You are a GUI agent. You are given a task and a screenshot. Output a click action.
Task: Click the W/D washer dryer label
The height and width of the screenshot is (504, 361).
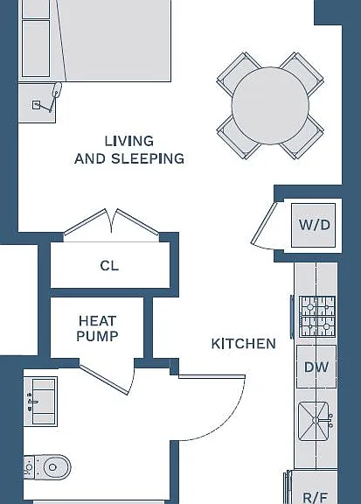pyautogui.click(x=315, y=225)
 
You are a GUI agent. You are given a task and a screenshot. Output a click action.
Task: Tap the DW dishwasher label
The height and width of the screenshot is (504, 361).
pyautogui.click(x=316, y=367)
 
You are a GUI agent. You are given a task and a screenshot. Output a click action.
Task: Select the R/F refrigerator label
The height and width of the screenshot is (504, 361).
pyautogui.click(x=315, y=498)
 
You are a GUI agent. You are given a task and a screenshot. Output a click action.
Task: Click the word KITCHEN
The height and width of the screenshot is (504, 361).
pyautogui.click(x=244, y=344)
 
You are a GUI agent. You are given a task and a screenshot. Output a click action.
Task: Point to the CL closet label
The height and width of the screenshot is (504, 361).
pyautogui.click(x=109, y=266)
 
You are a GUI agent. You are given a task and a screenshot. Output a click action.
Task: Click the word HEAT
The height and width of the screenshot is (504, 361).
pyautogui.click(x=97, y=321)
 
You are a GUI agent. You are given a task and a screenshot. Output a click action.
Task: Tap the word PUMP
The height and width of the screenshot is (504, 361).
pyautogui.click(x=97, y=336)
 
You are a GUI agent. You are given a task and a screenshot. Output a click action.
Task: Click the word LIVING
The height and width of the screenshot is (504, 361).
pyautogui.click(x=129, y=141)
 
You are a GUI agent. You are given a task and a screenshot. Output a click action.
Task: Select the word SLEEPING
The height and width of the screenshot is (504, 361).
pyautogui.click(x=148, y=158)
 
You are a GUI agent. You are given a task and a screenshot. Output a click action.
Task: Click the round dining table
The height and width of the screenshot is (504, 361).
pyautogui.click(x=270, y=106)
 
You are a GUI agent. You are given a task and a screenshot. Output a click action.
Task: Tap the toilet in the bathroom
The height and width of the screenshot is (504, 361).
pyautogui.click(x=47, y=466)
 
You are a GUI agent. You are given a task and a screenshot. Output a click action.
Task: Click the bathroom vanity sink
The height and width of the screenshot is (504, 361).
pyautogui.click(x=40, y=402)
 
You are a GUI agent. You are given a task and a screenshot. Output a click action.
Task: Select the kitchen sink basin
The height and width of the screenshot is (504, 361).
pyautogui.click(x=314, y=421)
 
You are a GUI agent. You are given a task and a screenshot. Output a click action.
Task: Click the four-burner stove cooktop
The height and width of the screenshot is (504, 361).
pyautogui.click(x=317, y=317)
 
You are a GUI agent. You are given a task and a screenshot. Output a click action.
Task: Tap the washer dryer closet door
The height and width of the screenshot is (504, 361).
pyautogui.click(x=264, y=223)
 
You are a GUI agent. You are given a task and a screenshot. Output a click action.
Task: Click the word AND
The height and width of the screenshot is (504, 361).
pyautogui.click(x=90, y=158)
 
